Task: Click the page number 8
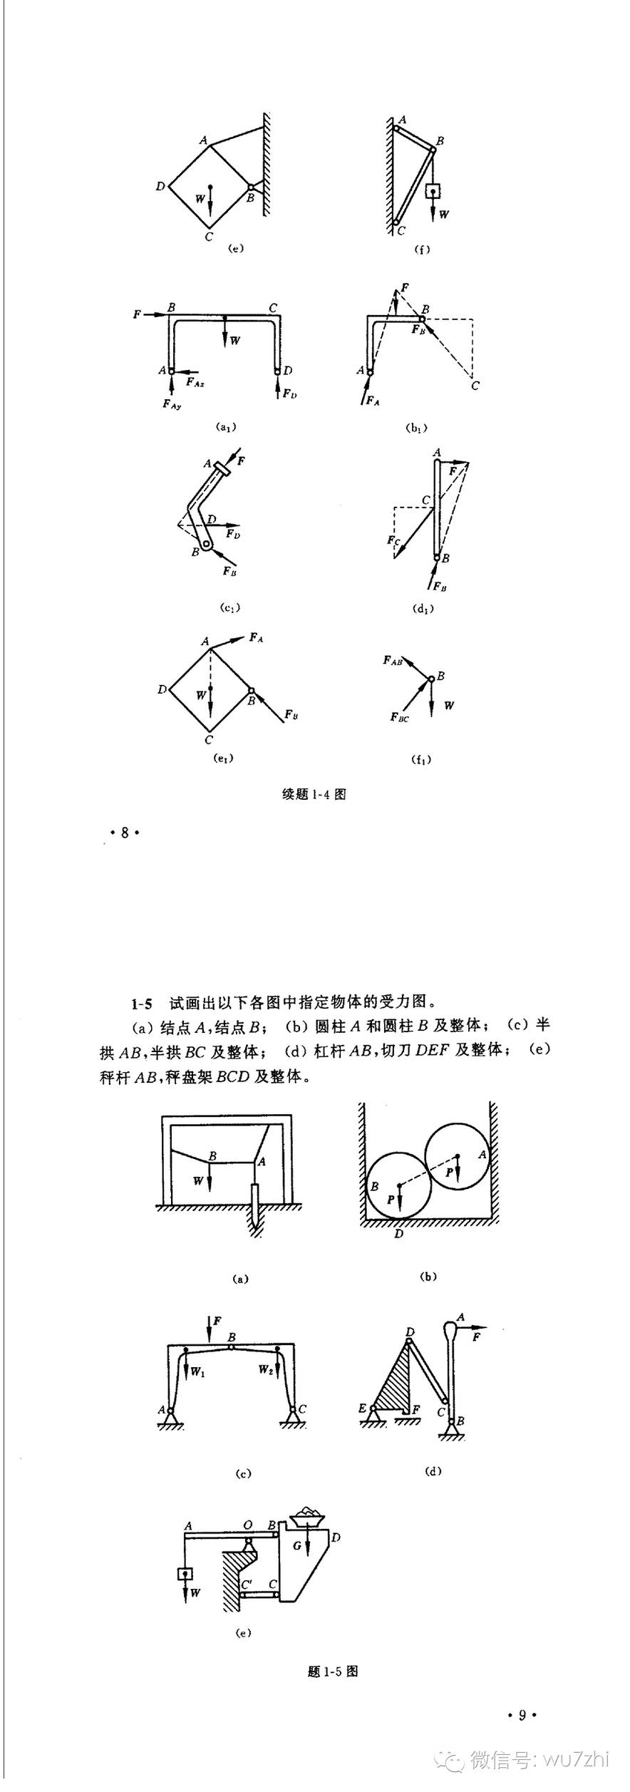[x=125, y=832]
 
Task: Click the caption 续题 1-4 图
[x=314, y=794]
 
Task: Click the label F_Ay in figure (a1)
[x=171, y=404]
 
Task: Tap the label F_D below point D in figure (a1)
[x=288, y=393]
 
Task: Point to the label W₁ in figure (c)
[x=197, y=1371]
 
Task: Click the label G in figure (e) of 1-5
[x=296, y=1545]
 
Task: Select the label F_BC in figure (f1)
[x=399, y=717]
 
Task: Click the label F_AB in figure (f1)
[x=393, y=661]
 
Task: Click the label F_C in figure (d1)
[x=394, y=541]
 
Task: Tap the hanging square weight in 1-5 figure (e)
[x=185, y=1575]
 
